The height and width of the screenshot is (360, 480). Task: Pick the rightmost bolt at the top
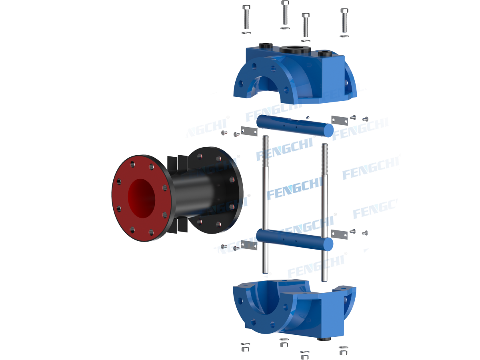[x=344, y=20]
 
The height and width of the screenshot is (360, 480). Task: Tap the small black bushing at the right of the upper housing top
[x=325, y=54]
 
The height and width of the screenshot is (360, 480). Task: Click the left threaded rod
[x=266, y=200]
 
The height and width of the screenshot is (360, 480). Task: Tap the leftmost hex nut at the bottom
[x=245, y=347]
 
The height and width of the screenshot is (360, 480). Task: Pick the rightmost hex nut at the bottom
[x=343, y=350]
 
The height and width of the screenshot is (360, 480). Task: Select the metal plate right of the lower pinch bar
[x=339, y=234]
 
